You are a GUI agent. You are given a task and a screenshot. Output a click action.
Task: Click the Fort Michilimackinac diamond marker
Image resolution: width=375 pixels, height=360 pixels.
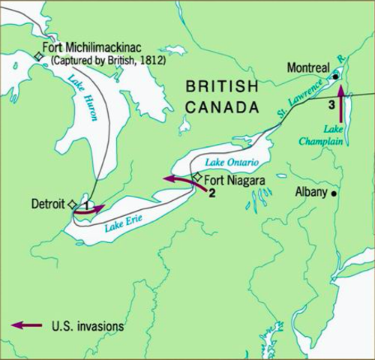pos(38,55)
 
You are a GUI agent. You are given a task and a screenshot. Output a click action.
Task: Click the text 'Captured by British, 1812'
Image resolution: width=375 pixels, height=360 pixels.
pos(103,60)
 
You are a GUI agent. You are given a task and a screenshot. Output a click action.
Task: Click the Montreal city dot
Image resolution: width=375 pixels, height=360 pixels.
pos(336,76)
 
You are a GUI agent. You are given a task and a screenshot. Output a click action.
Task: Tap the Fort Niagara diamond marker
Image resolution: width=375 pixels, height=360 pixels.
pos(196,177)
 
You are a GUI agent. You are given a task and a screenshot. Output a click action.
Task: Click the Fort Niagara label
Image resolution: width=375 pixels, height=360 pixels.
pos(229,178)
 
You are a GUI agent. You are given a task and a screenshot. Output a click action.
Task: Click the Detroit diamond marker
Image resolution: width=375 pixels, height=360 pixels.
pos(72,204)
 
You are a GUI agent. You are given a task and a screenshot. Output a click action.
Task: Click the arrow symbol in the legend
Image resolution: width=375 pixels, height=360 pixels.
pos(25,325)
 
